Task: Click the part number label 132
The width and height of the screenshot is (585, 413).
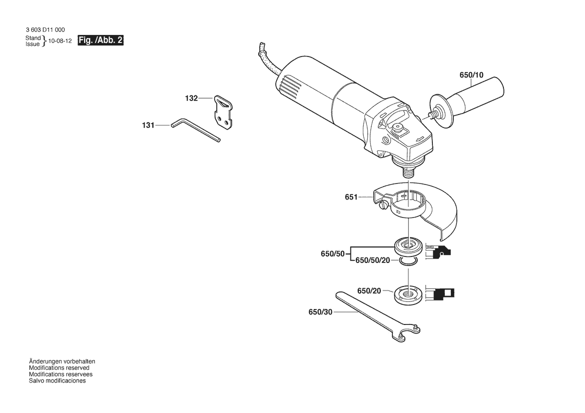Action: [191, 98]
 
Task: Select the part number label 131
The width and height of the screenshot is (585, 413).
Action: [148, 125]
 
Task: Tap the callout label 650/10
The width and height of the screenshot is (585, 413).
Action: [471, 75]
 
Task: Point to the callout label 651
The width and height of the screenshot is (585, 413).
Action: [351, 197]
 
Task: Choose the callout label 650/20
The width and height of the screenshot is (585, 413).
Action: [369, 290]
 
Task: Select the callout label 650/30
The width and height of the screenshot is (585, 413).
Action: [320, 312]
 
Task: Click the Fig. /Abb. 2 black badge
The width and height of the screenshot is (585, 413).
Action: [100, 40]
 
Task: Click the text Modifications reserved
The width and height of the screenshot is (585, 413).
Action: [59, 367]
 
